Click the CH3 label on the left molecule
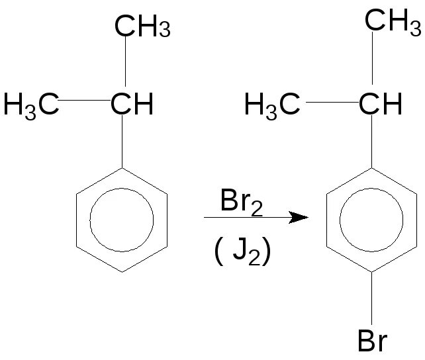point(142,28)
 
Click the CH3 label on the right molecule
point(394,21)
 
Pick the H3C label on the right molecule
point(272,105)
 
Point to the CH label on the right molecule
point(380,104)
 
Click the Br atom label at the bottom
point(373,341)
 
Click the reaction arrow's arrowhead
point(301,217)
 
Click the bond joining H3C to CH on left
point(85,101)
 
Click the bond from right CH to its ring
point(372,142)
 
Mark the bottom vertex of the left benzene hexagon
point(122,271)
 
